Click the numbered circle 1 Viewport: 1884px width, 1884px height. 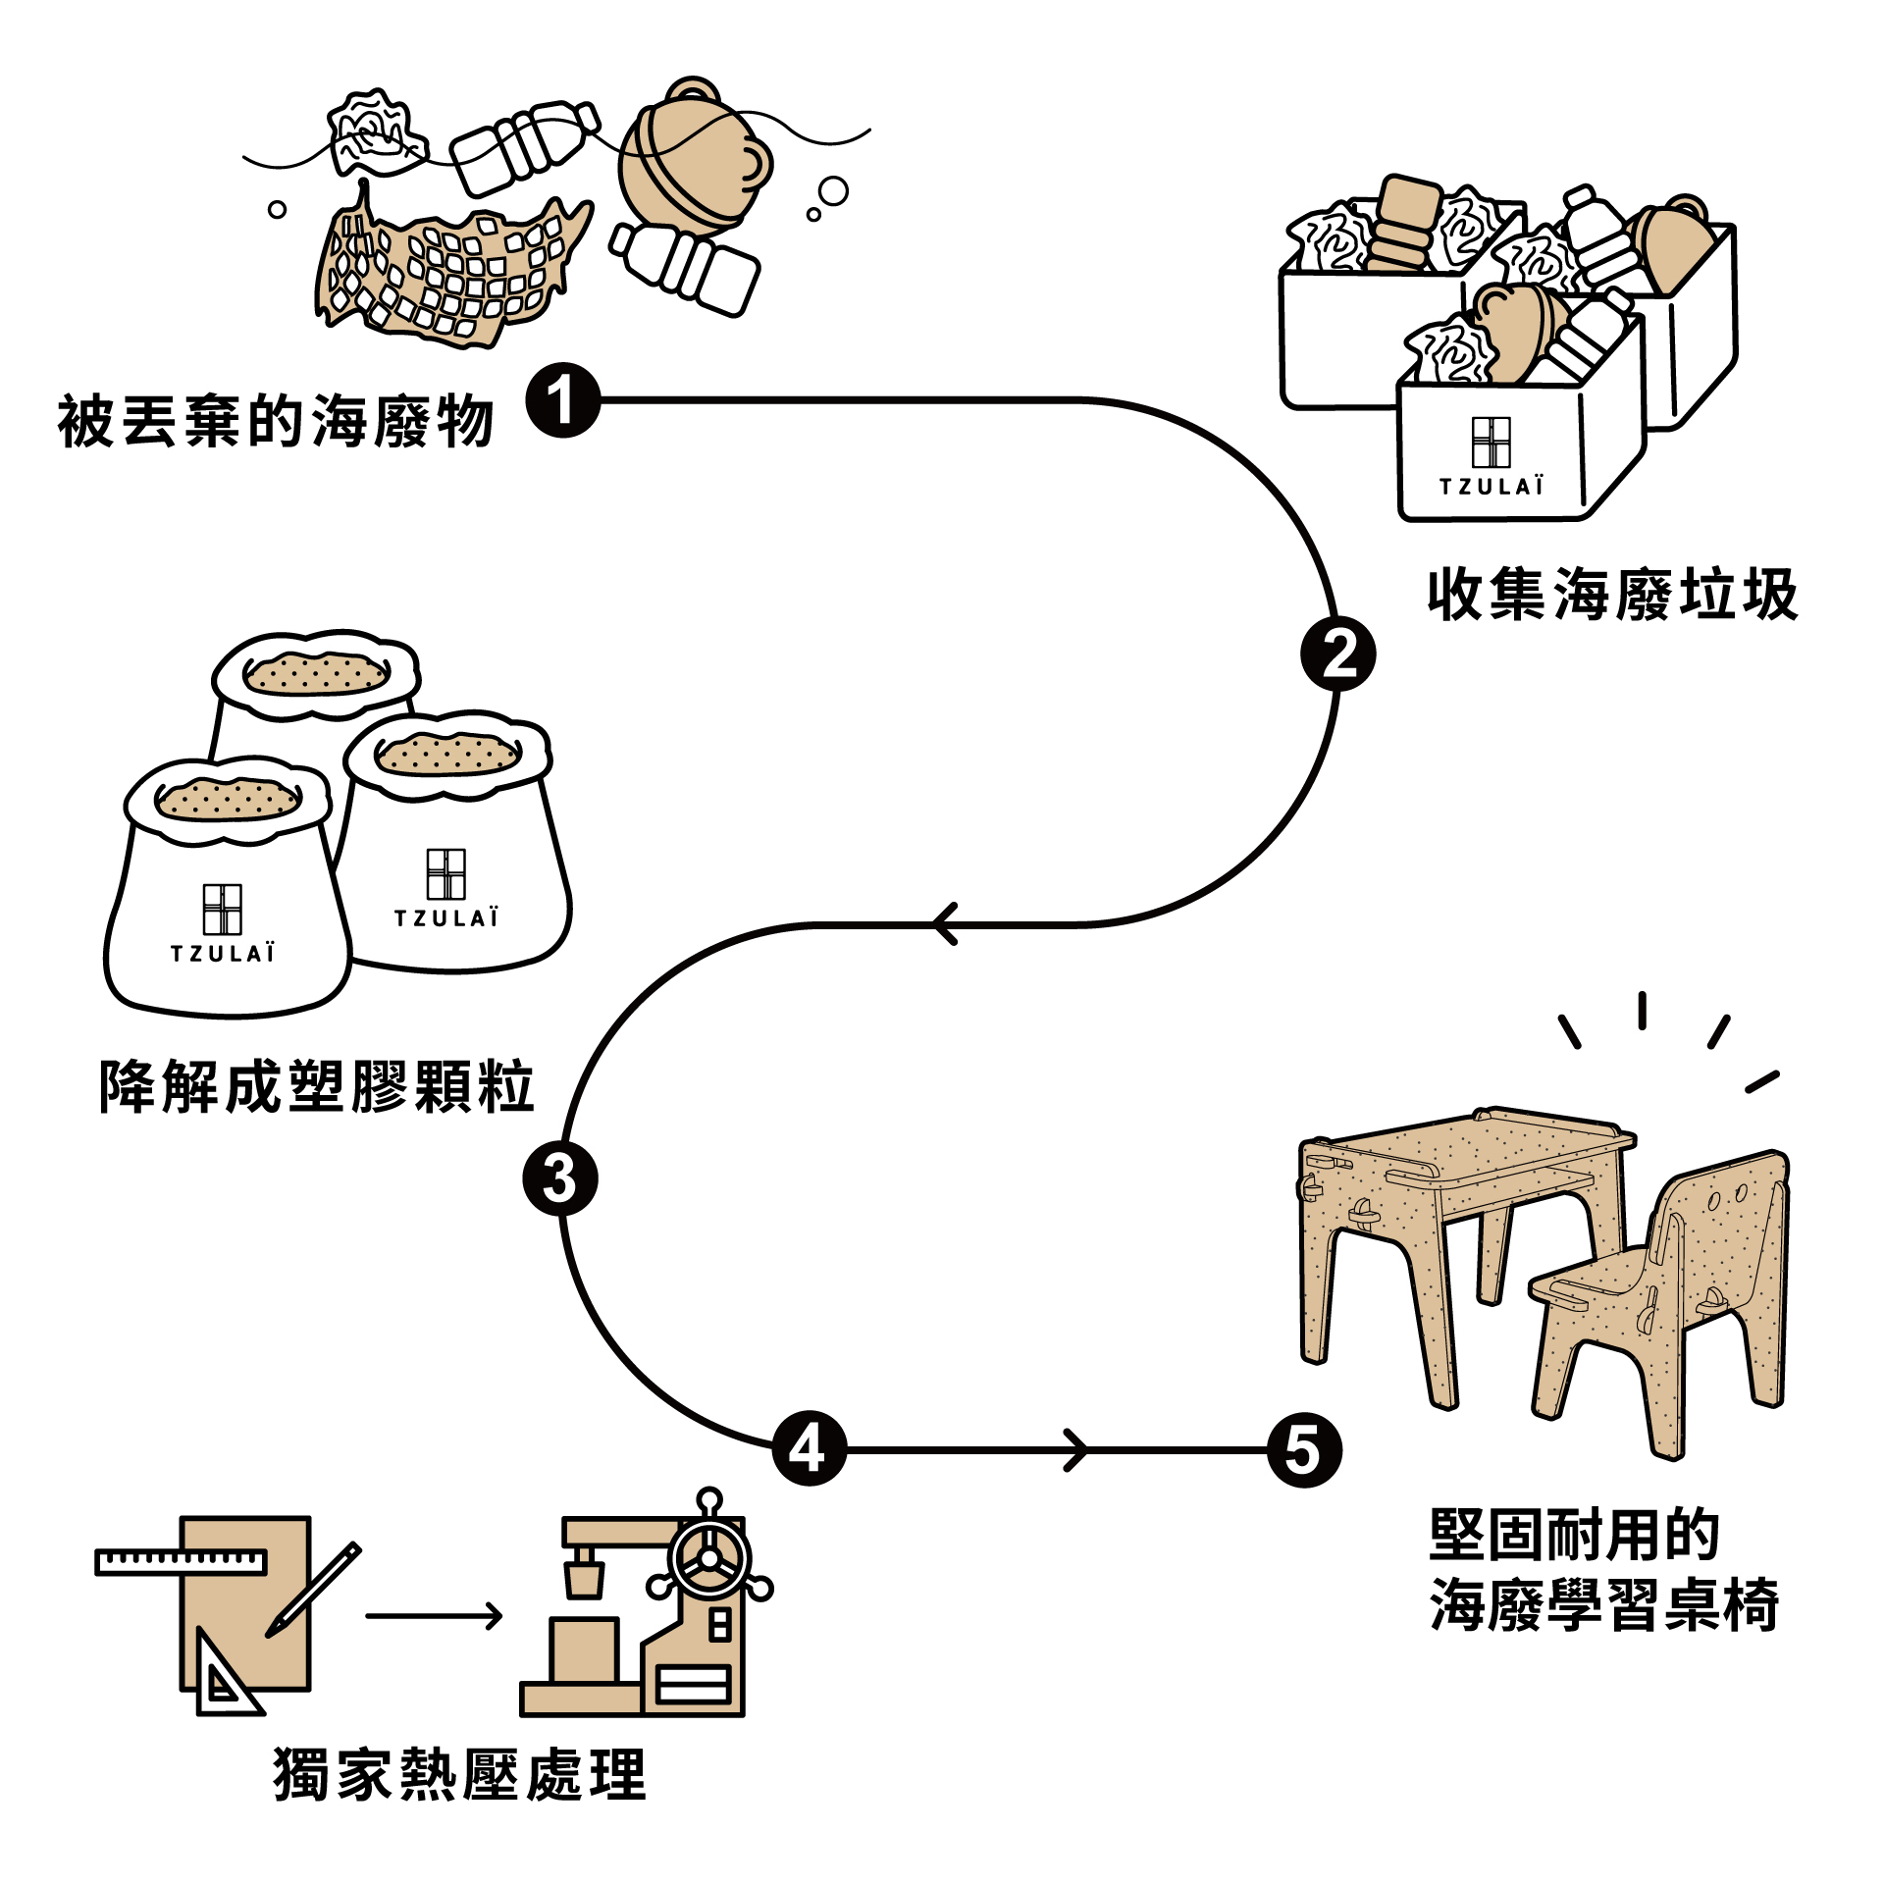pyautogui.click(x=563, y=400)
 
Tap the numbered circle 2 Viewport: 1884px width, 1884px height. pyautogui.click(x=1337, y=654)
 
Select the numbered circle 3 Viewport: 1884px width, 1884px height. pyautogui.click(x=560, y=1177)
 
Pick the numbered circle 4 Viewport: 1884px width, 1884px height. pyautogui.click(x=810, y=1448)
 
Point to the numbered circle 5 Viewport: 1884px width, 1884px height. pyautogui.click(x=1304, y=1450)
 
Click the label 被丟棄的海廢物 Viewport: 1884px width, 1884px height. pyautogui.click(x=276, y=423)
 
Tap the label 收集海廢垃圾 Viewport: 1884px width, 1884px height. pyautogui.click(x=1612, y=595)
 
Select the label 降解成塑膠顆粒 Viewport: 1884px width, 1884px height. pyautogui.click(x=317, y=1087)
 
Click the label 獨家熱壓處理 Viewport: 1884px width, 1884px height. pyautogui.click(x=460, y=1774)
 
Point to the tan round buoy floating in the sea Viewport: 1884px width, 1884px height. pyautogui.click(x=692, y=162)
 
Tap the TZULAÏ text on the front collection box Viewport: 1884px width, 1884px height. pyautogui.click(x=1491, y=487)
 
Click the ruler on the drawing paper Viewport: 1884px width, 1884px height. pyautogui.click(x=182, y=1561)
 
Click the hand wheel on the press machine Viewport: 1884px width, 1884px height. pyautogui.click(x=708, y=1559)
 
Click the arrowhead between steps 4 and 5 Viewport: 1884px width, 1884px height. pyautogui.click(x=1077, y=1450)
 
